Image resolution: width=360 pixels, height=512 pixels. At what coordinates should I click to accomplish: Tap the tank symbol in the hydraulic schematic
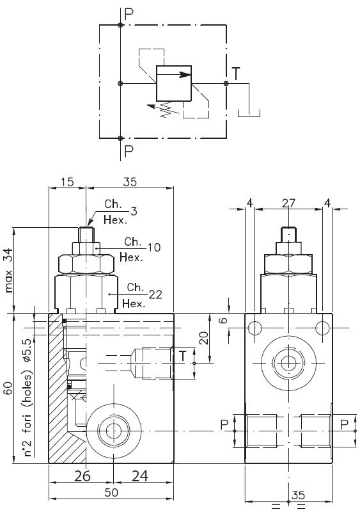(x=249, y=113)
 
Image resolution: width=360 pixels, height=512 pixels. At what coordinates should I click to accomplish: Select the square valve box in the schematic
(x=174, y=83)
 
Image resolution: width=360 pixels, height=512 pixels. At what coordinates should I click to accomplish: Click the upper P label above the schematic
(x=129, y=13)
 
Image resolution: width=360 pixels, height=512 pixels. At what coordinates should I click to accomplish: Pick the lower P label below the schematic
(x=129, y=151)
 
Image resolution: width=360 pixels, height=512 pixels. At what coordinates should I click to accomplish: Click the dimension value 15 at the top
(x=67, y=182)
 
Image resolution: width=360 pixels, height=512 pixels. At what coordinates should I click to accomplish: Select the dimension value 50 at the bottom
(x=111, y=492)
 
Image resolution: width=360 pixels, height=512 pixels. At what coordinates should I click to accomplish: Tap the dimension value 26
(x=82, y=476)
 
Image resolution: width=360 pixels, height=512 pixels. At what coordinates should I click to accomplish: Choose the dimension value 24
(x=140, y=476)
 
